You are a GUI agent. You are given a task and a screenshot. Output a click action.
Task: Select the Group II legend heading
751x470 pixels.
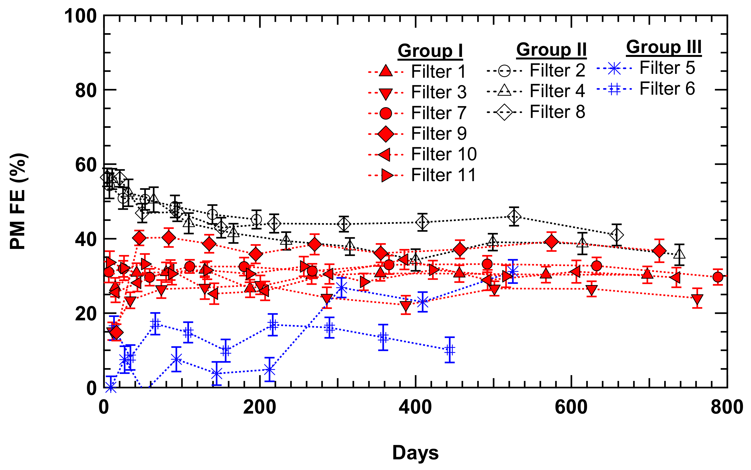pyautogui.click(x=551, y=49)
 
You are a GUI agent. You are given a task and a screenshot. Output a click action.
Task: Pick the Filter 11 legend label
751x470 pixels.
pyautogui.click(x=443, y=175)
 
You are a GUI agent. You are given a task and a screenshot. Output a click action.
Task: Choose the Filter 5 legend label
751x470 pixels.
pyautogui.click(x=667, y=68)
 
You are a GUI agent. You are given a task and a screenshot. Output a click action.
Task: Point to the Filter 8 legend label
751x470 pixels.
pyautogui.click(x=557, y=112)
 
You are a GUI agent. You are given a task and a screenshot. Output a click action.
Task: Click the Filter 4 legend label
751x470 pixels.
pyautogui.click(x=557, y=91)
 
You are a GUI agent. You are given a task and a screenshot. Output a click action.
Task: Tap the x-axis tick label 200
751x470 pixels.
pyautogui.click(x=259, y=407)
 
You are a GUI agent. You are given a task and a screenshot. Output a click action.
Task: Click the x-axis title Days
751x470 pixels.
pyautogui.click(x=415, y=453)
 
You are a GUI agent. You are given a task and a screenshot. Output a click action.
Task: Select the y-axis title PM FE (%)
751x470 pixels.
pyautogui.click(x=18, y=201)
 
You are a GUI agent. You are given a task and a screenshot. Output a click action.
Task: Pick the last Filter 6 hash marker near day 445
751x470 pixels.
pyautogui.click(x=449, y=350)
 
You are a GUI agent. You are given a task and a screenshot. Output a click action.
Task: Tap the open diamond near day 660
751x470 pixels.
pyautogui.click(x=617, y=235)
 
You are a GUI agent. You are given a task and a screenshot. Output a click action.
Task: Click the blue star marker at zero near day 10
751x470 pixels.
pyautogui.click(x=111, y=387)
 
